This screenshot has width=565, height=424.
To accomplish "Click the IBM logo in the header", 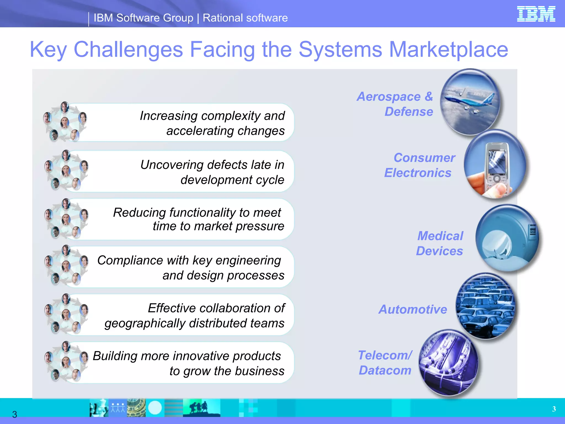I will (x=536, y=14).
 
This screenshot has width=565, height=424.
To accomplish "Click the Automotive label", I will (x=413, y=309).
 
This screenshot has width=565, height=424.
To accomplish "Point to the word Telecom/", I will (x=385, y=355).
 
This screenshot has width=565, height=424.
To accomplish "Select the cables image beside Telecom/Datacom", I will (x=448, y=362).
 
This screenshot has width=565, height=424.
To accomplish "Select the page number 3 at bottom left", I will (x=15, y=414).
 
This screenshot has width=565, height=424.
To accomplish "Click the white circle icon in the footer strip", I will (x=155, y=408).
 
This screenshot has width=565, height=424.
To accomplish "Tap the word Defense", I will (x=409, y=112).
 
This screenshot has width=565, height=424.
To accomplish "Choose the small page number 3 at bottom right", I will (x=554, y=409).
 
